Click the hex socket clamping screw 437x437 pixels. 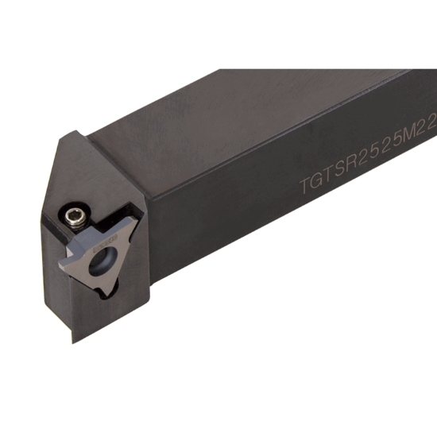[72, 212]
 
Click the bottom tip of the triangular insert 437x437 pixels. [106, 296]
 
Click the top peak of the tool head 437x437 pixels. [77, 133]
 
